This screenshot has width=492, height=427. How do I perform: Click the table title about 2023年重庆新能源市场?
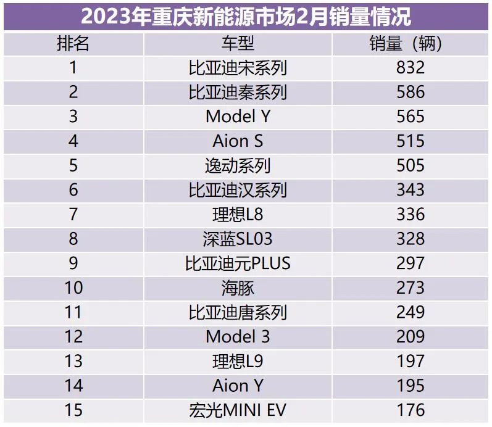[x=246, y=15]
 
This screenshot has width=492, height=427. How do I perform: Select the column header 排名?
[x=73, y=43]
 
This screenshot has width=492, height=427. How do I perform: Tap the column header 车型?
[x=238, y=43]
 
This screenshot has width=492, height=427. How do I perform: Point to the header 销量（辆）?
[x=411, y=43]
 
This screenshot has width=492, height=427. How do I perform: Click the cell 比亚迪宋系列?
[x=238, y=68]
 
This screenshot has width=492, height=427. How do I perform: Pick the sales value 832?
[x=411, y=68]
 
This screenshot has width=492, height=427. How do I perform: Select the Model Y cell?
[x=238, y=117]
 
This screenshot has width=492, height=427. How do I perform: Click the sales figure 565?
[x=411, y=117]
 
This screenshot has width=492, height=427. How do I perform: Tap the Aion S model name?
[x=238, y=141]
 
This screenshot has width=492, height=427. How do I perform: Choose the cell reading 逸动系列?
[x=238, y=165]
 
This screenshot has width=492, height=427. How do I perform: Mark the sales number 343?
[x=411, y=190]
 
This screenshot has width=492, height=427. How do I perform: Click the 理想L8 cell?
[x=238, y=214]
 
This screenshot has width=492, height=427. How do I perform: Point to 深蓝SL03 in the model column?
[x=238, y=239]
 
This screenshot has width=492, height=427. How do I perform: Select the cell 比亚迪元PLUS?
[x=238, y=263]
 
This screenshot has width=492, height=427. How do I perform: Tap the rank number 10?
[x=73, y=288]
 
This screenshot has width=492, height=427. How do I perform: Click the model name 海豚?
[x=238, y=288]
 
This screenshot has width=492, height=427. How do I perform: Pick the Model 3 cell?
[x=238, y=336]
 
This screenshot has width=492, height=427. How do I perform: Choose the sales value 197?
[x=411, y=361]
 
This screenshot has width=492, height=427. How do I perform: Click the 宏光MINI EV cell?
[x=238, y=410]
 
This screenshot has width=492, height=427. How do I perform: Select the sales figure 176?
[x=411, y=410]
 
